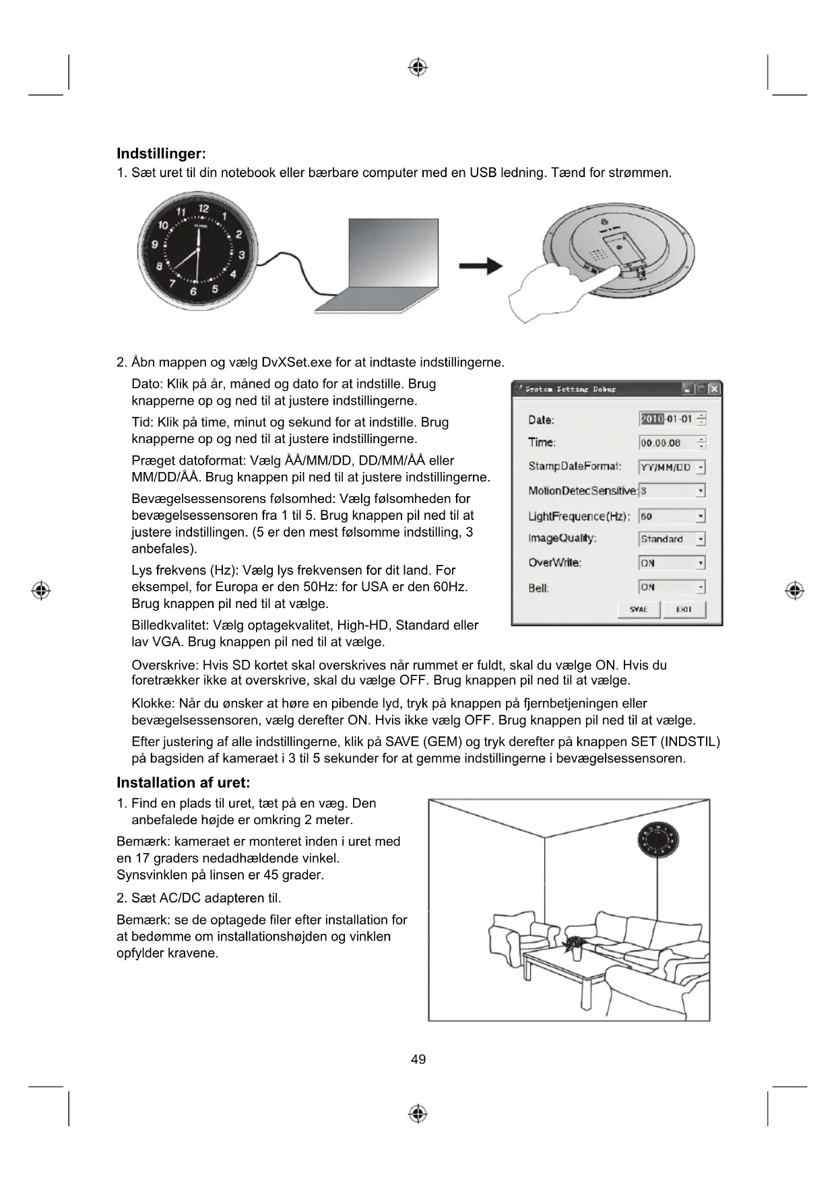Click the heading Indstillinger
pos(161,154)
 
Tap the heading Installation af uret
pos(183,782)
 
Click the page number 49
pos(418,1059)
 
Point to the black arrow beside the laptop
pos(480,266)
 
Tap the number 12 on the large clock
pos(203,209)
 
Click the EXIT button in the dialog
pos(684,609)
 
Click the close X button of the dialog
pos(715,389)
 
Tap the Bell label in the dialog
pos(538,588)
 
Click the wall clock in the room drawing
pos(658,842)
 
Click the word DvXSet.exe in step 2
pos(296,362)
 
